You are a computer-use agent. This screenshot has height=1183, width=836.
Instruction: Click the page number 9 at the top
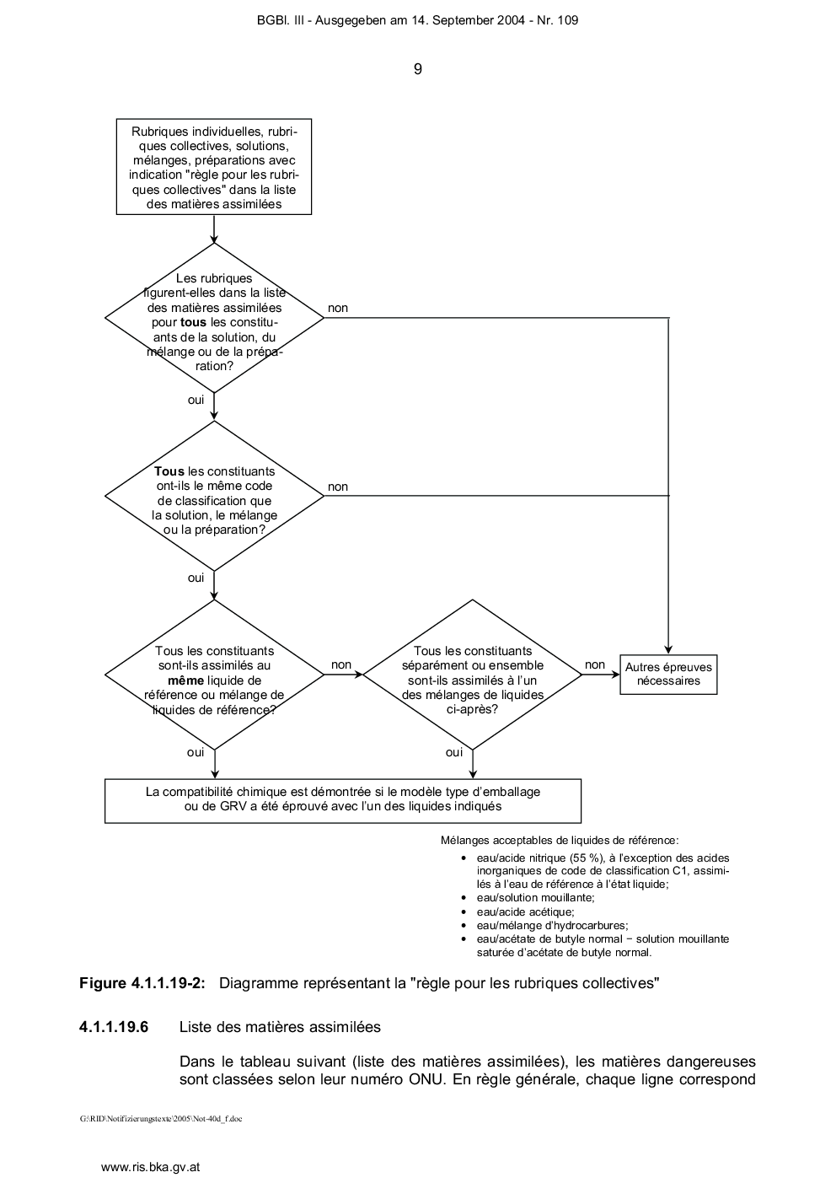point(417,69)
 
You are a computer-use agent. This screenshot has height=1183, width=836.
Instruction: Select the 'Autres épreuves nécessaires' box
point(668,675)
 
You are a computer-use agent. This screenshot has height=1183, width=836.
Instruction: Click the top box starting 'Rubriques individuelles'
point(214,167)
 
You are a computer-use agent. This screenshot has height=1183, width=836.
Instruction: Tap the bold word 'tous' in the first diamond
point(193,322)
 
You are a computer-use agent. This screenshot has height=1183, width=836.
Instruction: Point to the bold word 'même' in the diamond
point(185,680)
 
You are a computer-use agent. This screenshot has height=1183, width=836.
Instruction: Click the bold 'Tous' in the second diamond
point(169,471)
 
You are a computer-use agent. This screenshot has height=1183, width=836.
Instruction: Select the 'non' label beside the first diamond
point(338,308)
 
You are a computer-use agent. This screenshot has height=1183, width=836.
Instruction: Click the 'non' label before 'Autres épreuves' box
point(595,664)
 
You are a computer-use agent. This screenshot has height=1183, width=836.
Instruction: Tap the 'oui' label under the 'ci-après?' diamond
point(454,752)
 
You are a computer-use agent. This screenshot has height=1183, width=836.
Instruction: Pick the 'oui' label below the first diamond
point(196,400)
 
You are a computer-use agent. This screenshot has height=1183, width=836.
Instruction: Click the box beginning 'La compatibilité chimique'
point(343,801)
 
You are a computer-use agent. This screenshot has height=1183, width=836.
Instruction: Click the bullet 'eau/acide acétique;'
point(526,911)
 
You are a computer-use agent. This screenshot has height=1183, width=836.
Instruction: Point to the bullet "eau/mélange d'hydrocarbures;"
point(553,925)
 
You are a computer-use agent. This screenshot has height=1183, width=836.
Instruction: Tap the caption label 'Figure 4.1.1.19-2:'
point(142,983)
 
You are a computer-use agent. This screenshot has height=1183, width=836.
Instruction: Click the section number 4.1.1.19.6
point(114,1027)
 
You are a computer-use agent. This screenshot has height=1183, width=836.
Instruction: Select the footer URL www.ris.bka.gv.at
point(150,1167)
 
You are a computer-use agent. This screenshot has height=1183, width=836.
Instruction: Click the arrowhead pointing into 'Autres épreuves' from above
point(668,651)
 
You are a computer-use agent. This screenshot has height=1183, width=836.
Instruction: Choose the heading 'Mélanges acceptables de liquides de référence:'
point(560,841)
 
